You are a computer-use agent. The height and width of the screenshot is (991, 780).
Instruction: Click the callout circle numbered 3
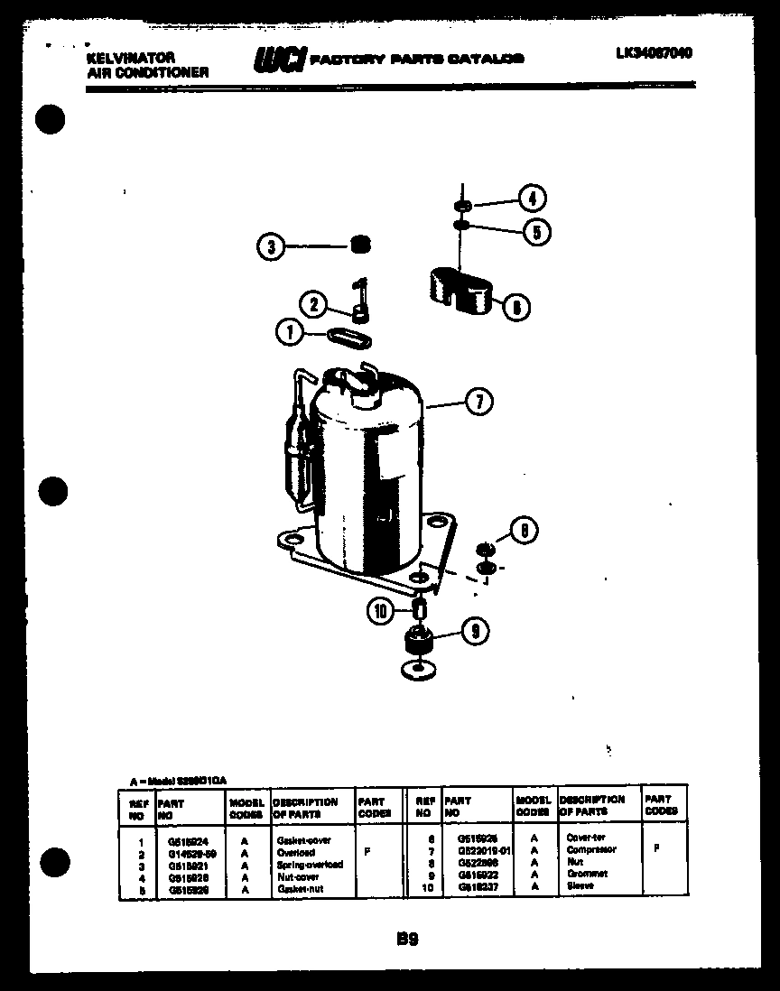269,246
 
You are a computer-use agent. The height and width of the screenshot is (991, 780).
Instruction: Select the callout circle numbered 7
478,402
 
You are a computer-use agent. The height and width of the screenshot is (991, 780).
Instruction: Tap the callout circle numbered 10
381,612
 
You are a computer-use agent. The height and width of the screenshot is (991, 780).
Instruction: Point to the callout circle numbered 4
532,199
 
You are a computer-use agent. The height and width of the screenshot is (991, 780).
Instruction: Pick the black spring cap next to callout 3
359,245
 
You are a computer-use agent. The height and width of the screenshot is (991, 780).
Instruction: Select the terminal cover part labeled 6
459,289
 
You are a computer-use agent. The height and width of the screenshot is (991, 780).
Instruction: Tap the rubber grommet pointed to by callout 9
417,642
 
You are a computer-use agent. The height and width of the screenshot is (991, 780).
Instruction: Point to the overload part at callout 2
360,301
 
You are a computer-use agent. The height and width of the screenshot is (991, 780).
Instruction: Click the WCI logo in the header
279,59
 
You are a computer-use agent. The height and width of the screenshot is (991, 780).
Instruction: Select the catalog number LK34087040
655,53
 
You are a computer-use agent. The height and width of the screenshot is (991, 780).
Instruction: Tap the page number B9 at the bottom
407,940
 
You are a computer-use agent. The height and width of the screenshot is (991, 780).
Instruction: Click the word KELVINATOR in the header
131,57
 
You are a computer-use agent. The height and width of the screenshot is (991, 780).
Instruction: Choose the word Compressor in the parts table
591,850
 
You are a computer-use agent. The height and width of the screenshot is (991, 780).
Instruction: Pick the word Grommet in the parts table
587,874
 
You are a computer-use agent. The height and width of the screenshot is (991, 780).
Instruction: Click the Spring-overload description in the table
310,864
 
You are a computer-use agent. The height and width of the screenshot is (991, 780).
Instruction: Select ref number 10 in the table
423,886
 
